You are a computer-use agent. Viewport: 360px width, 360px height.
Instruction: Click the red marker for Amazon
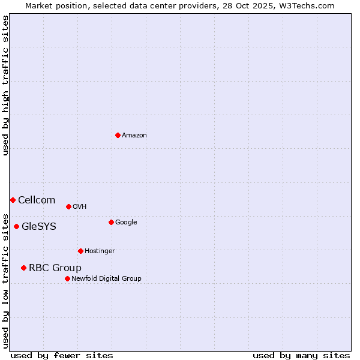coord(118,135)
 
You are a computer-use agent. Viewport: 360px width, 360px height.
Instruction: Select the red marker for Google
coord(111,222)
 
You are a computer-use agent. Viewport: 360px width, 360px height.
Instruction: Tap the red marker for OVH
coord(68,206)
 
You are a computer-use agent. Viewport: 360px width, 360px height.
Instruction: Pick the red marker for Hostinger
coord(80,251)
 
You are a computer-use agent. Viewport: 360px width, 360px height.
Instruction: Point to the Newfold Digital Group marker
coord(67,278)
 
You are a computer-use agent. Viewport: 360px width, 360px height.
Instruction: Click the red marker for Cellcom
coord(13,200)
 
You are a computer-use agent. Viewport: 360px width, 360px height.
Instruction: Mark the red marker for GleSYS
coord(16,226)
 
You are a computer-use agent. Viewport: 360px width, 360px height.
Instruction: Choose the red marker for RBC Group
coord(23,268)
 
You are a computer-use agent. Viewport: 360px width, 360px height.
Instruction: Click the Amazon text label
coord(134,136)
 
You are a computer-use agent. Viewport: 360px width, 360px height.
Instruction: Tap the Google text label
coord(126,223)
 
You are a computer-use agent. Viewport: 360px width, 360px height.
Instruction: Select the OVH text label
coord(80,207)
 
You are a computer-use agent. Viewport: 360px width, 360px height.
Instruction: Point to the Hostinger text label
coord(100,251)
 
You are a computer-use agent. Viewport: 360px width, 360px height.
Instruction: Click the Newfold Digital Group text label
coord(107,278)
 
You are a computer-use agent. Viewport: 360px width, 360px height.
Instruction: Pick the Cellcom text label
coord(37,200)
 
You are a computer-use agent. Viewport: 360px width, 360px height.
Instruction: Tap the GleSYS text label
coord(39,227)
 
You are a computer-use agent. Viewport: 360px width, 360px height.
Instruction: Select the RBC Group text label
coord(55,268)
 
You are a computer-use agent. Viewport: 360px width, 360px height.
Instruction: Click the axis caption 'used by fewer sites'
coord(62,355)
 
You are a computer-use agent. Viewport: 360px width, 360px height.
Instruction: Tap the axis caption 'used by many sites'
coord(301,355)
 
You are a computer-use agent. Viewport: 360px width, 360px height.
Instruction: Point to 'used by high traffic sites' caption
coord(5,85)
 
